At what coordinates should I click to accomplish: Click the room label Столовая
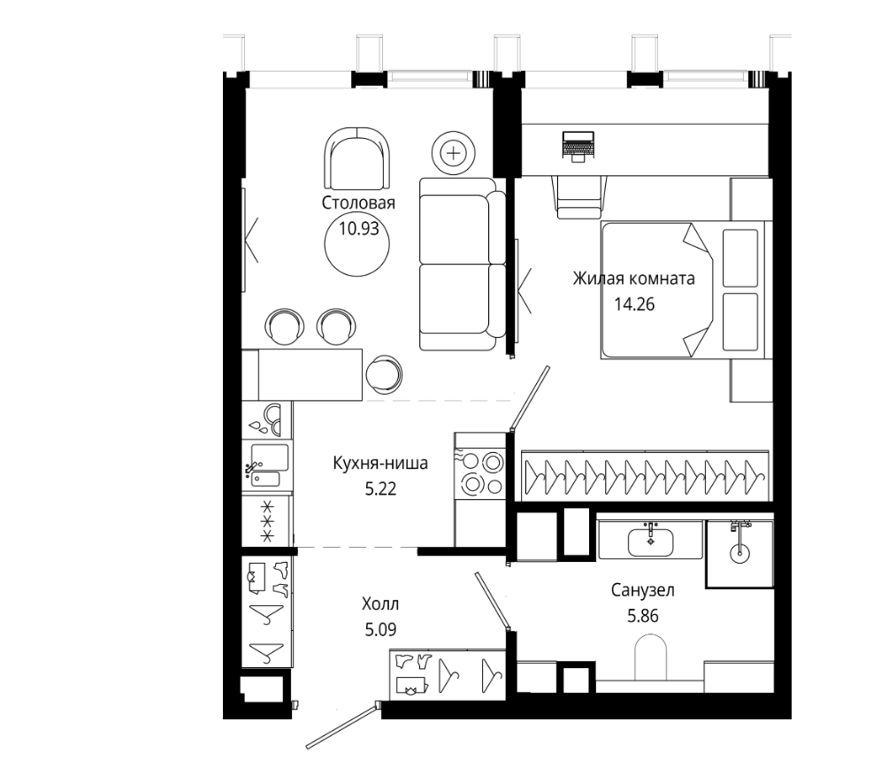coord(358,203)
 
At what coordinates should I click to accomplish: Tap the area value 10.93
coord(359,228)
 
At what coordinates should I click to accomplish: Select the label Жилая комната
coord(633,278)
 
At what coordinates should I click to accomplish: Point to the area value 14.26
coord(634,304)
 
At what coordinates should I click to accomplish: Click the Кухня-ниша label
coord(380,463)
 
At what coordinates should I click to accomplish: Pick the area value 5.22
coord(380,489)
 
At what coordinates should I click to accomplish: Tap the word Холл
coord(380,603)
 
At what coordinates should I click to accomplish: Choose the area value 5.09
coord(380,630)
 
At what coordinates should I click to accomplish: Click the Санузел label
coord(642,590)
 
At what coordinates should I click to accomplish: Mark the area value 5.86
coord(642,616)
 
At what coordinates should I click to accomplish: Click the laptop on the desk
coord(578,147)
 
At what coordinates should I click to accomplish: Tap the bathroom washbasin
coord(650,542)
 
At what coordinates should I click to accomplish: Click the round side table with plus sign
coord(455,153)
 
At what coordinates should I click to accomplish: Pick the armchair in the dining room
coord(356,159)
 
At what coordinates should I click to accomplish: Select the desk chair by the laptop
coord(579,196)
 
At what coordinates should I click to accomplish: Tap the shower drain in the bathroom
coord(740,553)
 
